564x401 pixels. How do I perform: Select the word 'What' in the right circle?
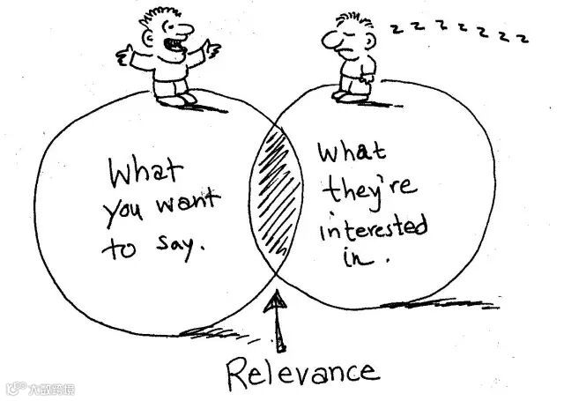point(352,156)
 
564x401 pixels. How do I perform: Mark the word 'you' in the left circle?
point(125,212)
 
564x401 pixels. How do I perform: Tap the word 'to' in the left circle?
point(116,248)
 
